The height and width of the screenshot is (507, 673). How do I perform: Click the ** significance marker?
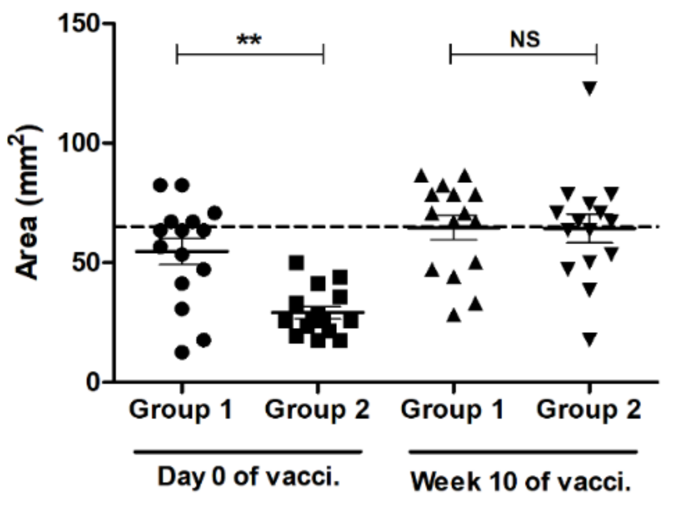[249, 39]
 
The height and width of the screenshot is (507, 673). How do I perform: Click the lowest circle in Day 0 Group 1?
[182, 352]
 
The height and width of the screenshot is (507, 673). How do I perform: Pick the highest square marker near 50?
[296, 263]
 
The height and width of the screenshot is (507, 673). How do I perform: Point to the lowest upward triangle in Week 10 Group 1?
[454, 315]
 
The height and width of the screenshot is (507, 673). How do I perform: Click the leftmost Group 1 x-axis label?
[181, 410]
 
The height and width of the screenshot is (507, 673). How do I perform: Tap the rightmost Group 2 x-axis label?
[589, 410]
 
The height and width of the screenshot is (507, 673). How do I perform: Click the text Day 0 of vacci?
[249, 477]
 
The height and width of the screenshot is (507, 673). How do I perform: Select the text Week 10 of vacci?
[521, 482]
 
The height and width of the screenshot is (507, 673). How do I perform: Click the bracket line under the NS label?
[524, 55]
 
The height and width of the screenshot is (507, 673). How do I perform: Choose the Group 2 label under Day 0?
[317, 410]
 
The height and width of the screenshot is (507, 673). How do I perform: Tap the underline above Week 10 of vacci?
[523, 452]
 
